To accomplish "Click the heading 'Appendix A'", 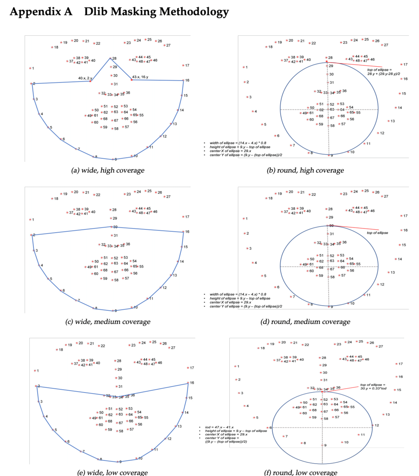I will pyautogui.click(x=41, y=12).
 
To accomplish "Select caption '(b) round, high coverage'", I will pyautogui.click(x=305, y=170).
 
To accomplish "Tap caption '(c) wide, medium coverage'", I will pyautogui.click(x=107, y=322).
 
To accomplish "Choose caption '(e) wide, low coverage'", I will pyautogui.click(x=113, y=473).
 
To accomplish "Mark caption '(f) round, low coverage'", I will pyautogui.click(x=301, y=473).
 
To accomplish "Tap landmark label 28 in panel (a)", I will pyautogui.click(x=114, y=59).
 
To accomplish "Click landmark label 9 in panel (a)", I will pyautogui.click(x=115, y=159).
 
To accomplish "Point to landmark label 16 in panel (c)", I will pyautogui.click(x=187, y=232).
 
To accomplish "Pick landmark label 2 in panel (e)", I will pyautogui.click(x=39, y=386).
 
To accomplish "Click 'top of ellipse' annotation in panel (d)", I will pyautogui.click(x=377, y=233).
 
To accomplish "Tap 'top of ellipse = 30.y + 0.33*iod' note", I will pyautogui.click(x=373, y=387).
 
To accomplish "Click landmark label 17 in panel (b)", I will pyautogui.click(x=405, y=64).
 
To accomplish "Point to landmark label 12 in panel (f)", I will pyautogui.click(x=376, y=425).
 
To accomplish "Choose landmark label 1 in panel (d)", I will pyautogui.click(x=246, y=219).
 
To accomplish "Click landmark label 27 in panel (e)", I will pyautogui.click(x=173, y=348).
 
